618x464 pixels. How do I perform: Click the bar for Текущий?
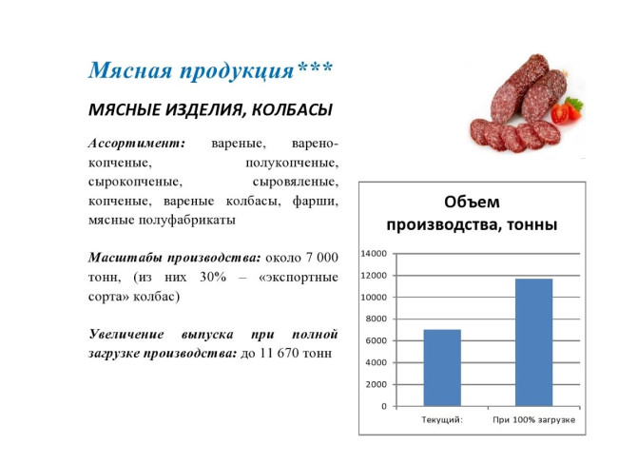[442, 368]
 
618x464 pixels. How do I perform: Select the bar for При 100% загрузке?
[534, 342]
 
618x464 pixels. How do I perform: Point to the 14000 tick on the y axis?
[374, 254]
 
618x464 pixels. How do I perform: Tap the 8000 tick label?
[376, 319]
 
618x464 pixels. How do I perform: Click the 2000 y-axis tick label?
[376, 384]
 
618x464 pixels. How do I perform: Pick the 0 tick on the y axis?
[384, 406]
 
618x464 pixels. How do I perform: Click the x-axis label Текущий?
[442, 420]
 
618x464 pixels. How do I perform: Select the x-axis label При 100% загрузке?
[534, 420]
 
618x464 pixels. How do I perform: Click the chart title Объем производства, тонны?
[472, 213]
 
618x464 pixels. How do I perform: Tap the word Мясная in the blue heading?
[130, 71]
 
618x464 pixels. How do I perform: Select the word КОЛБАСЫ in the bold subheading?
[292, 110]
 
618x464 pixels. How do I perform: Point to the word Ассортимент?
[137, 144]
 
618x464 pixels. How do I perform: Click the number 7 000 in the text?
[322, 258]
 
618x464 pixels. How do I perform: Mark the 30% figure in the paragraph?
[213, 277]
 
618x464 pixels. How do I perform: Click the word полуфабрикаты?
[186, 220]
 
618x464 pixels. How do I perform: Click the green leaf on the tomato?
[574, 103]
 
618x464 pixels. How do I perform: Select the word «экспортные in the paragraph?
[299, 277]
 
